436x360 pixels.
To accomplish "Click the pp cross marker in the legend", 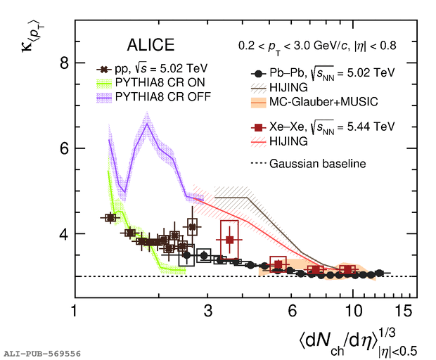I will [x=104, y=70].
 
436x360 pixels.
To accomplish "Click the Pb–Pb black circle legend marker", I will [x=260, y=73].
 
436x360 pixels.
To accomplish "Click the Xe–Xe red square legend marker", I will [x=260, y=127].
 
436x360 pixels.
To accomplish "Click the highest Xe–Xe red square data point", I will [x=229, y=240].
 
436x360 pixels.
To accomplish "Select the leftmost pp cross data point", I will [x=110, y=218].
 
